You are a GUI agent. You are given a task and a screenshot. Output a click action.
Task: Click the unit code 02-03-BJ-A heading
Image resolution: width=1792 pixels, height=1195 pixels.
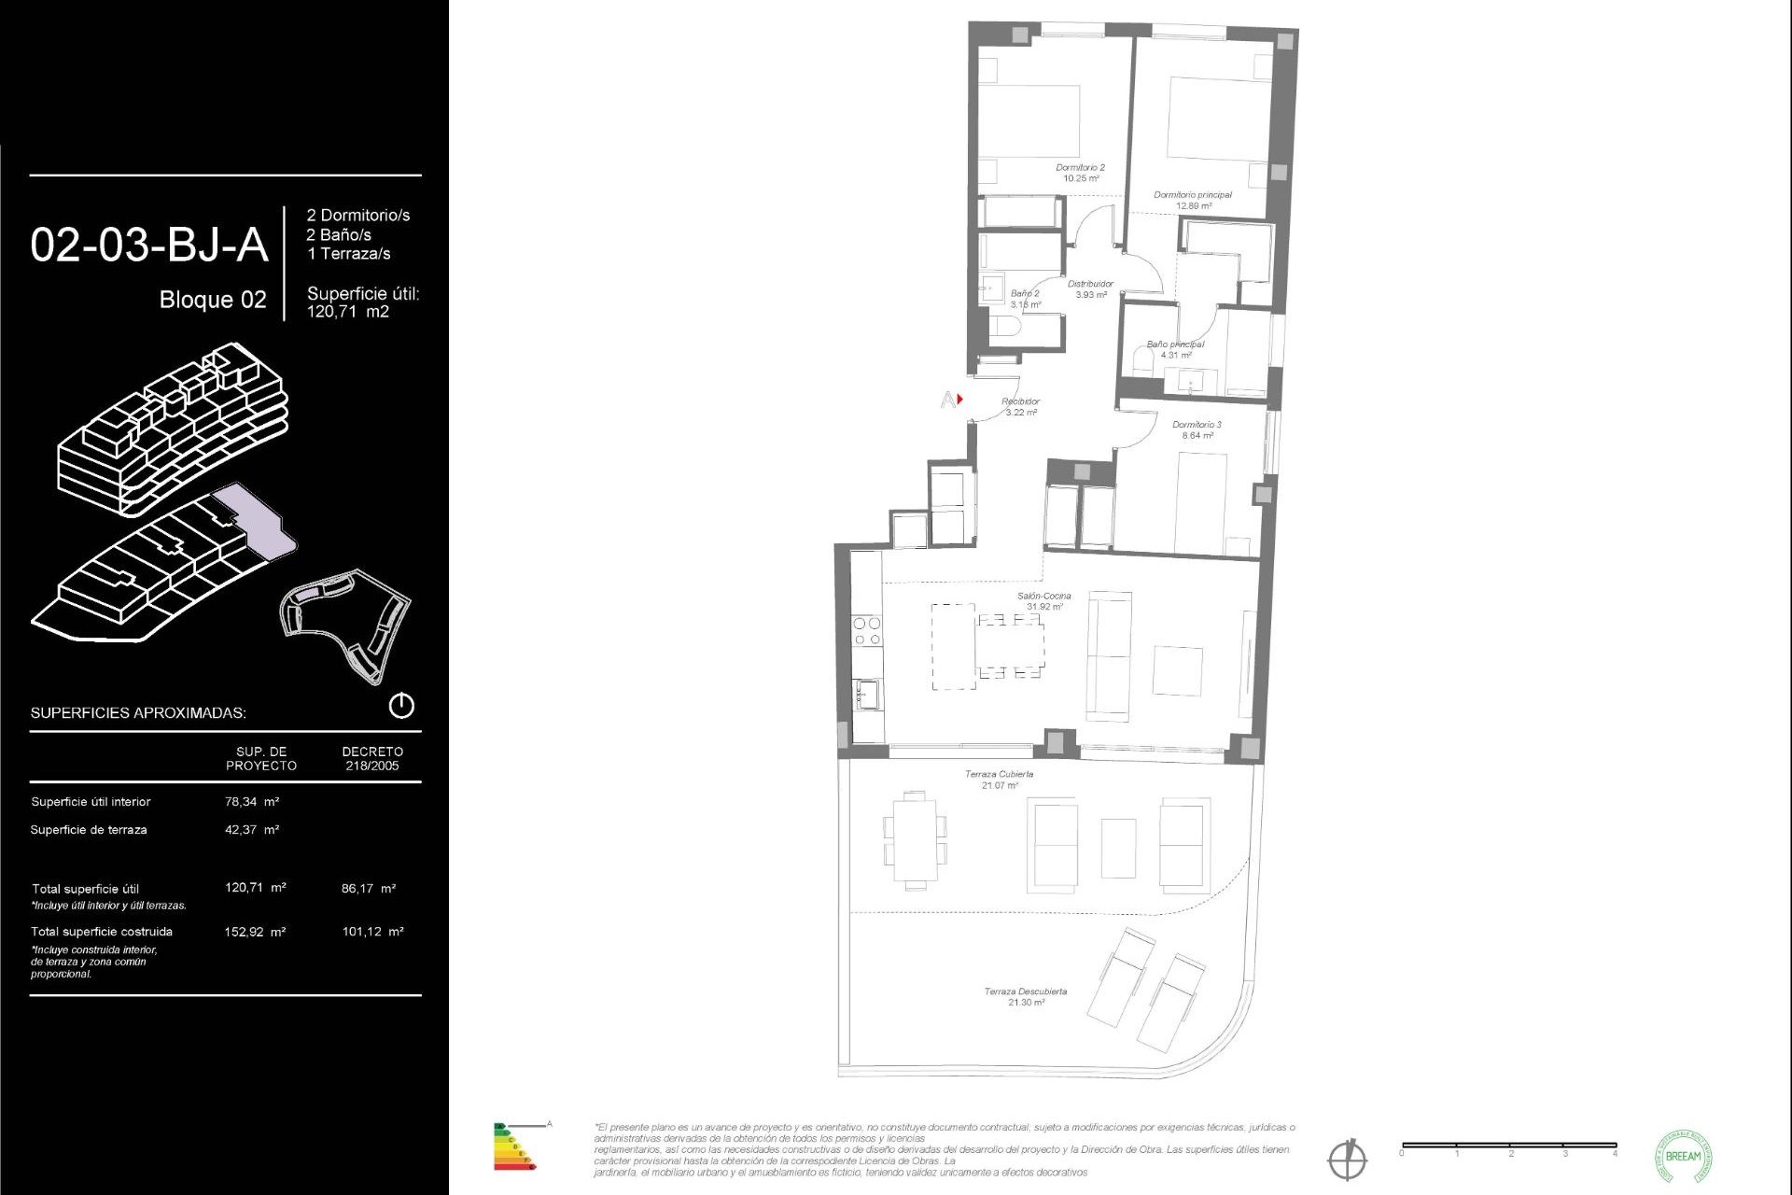[149, 245]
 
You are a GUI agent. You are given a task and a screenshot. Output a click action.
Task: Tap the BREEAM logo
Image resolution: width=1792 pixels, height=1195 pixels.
[1683, 1156]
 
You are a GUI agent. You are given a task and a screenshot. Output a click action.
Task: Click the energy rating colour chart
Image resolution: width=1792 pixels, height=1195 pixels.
[514, 1147]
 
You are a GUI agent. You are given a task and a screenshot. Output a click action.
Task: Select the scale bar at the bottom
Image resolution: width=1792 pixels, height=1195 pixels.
[1508, 1146]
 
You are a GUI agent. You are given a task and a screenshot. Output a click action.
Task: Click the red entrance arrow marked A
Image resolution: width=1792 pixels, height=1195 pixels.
[959, 400]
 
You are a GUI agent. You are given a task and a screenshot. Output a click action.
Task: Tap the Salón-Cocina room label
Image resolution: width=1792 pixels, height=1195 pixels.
[1043, 600]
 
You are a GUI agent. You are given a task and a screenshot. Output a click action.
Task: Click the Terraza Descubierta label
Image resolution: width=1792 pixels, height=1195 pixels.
[1025, 996]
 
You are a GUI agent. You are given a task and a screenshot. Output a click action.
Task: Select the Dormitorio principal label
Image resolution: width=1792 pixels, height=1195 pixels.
[1192, 200]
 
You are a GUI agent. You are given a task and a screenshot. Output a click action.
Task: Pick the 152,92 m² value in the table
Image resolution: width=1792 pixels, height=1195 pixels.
[255, 932]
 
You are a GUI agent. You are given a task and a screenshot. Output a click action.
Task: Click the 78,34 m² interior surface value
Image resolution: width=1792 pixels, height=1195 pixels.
[252, 801]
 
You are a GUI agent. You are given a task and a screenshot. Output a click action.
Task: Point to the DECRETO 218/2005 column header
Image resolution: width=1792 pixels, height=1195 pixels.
[371, 758]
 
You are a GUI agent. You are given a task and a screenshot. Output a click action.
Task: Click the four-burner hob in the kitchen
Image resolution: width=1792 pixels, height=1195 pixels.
[867, 631]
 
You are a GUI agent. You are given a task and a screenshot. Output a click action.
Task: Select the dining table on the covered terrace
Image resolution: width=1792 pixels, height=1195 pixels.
[915, 839]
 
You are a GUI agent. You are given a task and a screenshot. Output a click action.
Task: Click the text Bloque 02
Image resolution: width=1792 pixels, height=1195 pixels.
[213, 300]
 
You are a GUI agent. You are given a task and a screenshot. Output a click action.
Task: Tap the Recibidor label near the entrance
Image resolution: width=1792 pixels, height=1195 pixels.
[1020, 406]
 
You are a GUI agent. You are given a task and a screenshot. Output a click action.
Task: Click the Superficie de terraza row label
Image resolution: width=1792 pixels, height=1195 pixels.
[89, 829]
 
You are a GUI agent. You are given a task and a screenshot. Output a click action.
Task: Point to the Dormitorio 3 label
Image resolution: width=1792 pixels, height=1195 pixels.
[1197, 429]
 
